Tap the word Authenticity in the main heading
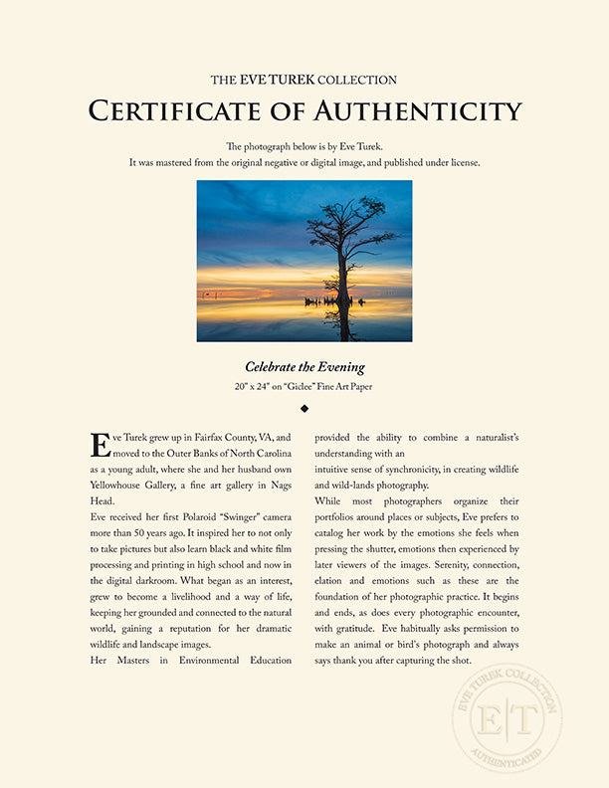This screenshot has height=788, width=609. [x=417, y=109]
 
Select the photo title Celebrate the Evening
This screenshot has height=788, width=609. [x=304, y=367]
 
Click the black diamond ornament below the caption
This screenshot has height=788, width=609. [x=304, y=408]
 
